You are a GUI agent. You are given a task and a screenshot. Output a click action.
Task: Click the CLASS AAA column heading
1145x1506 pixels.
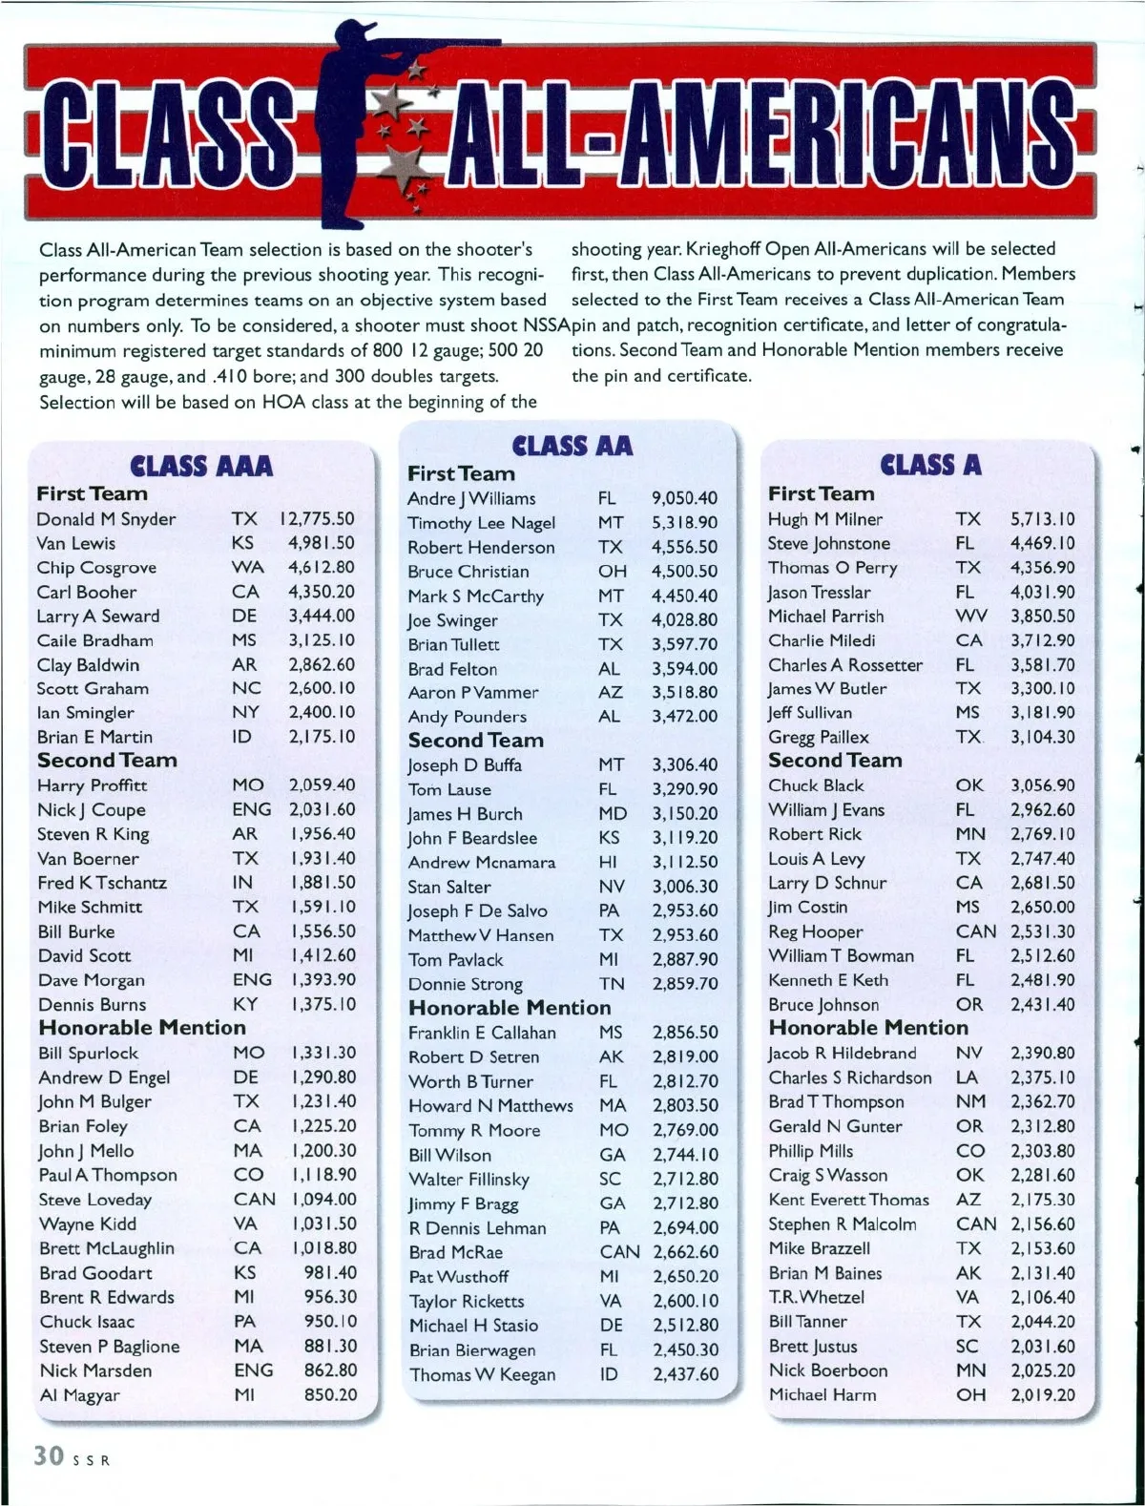201,466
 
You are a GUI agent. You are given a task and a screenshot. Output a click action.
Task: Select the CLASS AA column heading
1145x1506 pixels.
572,446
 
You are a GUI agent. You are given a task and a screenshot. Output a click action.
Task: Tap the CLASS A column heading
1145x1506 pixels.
931,465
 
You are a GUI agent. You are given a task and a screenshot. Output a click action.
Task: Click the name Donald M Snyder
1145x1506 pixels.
106,519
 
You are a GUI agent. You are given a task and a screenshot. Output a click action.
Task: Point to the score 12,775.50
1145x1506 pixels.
317,519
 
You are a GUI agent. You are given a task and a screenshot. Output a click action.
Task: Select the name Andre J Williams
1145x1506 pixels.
471,498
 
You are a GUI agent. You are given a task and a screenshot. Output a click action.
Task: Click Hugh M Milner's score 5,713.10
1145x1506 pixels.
1042,519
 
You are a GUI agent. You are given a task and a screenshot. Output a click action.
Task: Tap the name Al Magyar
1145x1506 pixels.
80,1395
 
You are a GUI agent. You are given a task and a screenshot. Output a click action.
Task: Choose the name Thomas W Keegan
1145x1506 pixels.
482,1375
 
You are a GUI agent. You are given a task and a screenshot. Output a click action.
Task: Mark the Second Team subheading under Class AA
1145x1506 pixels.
475,741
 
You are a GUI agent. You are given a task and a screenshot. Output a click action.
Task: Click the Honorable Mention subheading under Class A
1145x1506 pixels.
868,1028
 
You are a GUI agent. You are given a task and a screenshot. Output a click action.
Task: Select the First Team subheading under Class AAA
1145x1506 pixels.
92,494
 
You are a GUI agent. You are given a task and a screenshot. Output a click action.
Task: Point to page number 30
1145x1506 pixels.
49,1456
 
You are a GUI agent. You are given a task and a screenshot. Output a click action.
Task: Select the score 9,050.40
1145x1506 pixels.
684,498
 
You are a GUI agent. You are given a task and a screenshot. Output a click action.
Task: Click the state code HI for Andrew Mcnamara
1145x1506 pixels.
607,863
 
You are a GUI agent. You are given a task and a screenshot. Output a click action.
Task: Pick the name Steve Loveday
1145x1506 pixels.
94,1200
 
